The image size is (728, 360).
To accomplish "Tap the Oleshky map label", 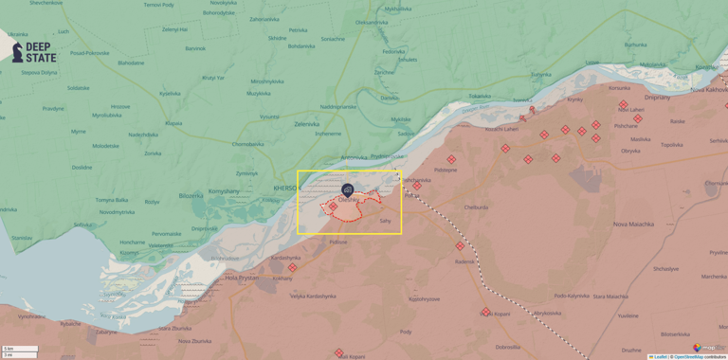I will tap(347, 200).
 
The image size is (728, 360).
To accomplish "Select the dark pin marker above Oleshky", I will tap(348, 189).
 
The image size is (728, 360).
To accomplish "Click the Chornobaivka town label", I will tap(248, 144).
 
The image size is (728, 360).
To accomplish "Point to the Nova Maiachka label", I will tap(633, 224).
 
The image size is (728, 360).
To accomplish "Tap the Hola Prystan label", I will tap(243, 278).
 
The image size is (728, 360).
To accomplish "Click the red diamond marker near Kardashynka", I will tap(292, 267).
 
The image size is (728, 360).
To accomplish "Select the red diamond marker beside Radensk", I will tap(460, 246).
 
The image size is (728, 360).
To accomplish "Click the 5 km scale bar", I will tap(20, 349).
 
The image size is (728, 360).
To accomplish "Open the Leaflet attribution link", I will tap(659, 356).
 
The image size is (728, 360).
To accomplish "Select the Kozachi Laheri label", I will tap(501, 128).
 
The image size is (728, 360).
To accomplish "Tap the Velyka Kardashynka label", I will tap(313, 296).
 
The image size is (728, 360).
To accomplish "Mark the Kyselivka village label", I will tap(170, 93).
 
